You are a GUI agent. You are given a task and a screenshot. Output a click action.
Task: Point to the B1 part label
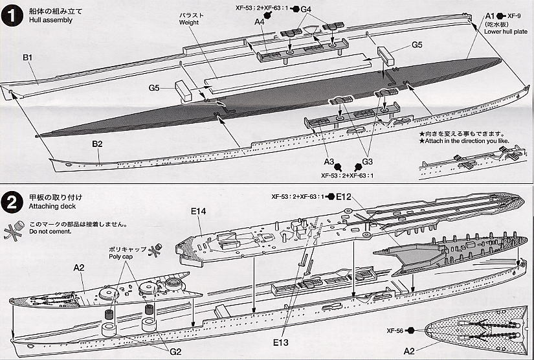click(x=28, y=58)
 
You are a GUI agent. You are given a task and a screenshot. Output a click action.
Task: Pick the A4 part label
click(x=260, y=22)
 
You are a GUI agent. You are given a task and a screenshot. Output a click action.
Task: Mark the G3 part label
click(x=368, y=161)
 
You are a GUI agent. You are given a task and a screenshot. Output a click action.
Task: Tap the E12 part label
click(x=344, y=196)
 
